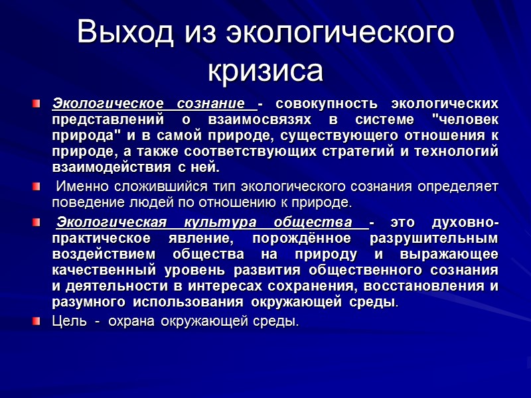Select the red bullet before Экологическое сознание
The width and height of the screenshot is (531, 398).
click(38, 104)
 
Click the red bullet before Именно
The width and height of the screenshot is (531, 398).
click(38, 185)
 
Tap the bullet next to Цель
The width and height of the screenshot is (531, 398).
click(38, 322)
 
